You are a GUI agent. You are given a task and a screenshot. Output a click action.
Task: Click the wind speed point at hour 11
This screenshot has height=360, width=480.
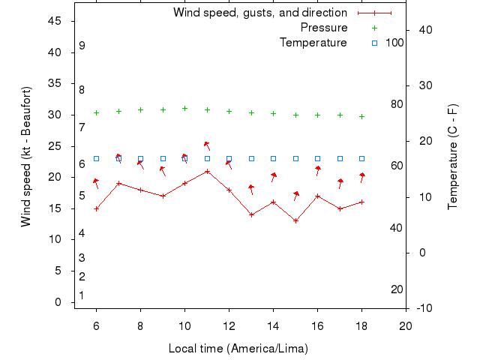tap(207, 171)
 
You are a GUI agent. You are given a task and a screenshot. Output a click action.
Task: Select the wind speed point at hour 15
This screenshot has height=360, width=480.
tap(295, 220)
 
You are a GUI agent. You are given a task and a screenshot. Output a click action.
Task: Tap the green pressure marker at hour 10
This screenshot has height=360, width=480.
tap(184, 108)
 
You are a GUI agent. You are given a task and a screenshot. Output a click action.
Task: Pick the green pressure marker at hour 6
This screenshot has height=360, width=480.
tap(96, 112)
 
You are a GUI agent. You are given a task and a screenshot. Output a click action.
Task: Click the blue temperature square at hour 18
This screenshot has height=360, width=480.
tap(361, 158)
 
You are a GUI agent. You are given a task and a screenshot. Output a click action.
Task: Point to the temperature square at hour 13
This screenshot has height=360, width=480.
tap(251, 158)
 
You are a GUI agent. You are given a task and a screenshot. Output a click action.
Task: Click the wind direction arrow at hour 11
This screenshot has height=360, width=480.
tap(207, 145)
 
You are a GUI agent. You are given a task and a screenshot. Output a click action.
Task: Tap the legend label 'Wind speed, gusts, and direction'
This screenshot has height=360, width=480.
tap(259, 13)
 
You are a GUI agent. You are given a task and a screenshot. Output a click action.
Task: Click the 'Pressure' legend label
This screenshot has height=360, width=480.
tap(323, 28)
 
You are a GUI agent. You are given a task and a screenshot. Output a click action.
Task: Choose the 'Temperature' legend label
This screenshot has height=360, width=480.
tap(313, 43)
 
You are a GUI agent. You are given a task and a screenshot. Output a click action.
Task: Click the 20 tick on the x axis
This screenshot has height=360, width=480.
tap(406, 325)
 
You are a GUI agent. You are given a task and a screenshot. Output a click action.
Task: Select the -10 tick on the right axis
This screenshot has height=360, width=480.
tap(423, 308)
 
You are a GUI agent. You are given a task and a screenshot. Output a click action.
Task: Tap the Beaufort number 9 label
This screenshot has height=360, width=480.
tap(82, 46)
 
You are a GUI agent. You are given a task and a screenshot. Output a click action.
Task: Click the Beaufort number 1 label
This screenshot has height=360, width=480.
tap(82, 295)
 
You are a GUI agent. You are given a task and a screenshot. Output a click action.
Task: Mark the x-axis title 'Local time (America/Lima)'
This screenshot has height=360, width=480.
tap(238, 349)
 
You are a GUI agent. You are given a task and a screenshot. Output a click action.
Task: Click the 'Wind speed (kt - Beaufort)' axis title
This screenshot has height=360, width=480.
tap(25, 156)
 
